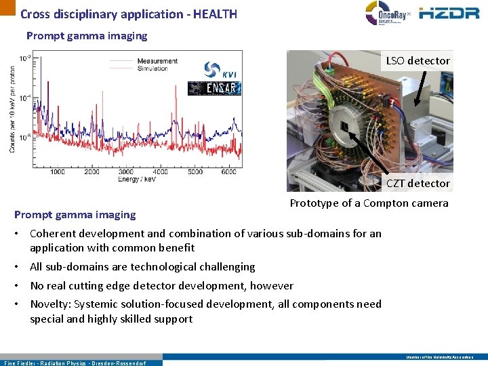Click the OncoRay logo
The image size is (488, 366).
[387, 14]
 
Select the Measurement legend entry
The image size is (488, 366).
[157, 61]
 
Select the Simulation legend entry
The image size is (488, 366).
[155, 68]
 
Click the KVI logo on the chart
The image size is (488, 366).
[220, 70]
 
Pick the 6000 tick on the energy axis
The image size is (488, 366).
[228, 171]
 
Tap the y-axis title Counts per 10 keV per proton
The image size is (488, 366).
[13, 108]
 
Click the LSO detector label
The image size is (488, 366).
[418, 61]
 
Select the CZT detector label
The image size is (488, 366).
[418, 183]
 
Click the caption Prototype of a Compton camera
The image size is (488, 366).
[369, 203]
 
